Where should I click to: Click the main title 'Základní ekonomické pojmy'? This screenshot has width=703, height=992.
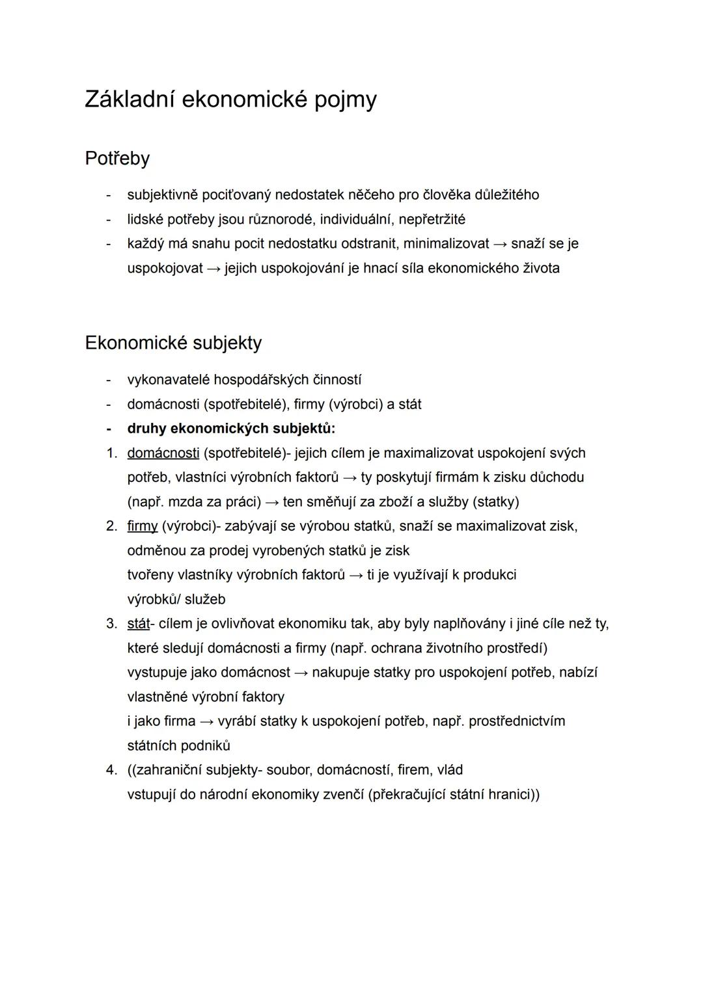point(230,100)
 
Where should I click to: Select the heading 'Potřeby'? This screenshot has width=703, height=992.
point(117,159)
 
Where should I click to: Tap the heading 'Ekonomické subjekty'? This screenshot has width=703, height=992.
point(173,343)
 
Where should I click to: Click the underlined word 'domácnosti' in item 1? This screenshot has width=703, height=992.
point(163,453)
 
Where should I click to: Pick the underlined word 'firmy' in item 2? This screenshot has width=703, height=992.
point(142,526)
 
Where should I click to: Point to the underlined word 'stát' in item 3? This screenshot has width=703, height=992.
point(138,624)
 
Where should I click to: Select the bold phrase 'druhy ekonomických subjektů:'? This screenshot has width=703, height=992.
point(231,429)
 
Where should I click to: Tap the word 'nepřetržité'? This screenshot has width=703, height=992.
point(432,219)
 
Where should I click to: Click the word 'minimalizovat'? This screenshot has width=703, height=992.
point(446,244)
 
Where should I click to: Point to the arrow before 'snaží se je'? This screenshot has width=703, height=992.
point(500,244)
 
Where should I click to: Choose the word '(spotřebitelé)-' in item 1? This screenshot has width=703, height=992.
point(247,453)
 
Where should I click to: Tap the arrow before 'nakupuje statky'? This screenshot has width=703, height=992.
point(301,673)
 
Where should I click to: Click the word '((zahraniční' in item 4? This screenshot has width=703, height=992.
point(165,770)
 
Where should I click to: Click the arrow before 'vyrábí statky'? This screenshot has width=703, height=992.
point(206,721)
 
